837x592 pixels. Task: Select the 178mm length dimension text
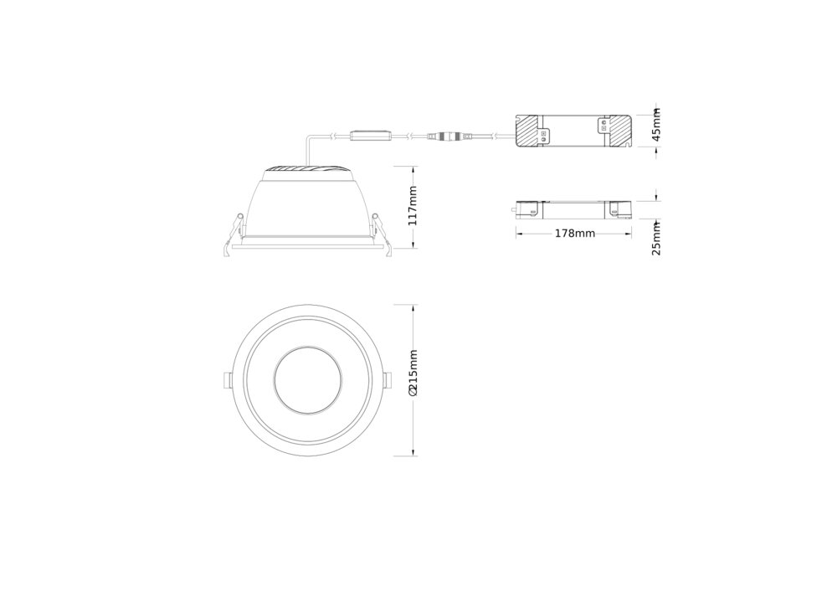click(x=574, y=234)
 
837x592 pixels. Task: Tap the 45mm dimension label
click(x=656, y=125)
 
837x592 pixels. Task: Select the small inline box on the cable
click(x=371, y=136)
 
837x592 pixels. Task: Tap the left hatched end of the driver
click(x=528, y=131)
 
